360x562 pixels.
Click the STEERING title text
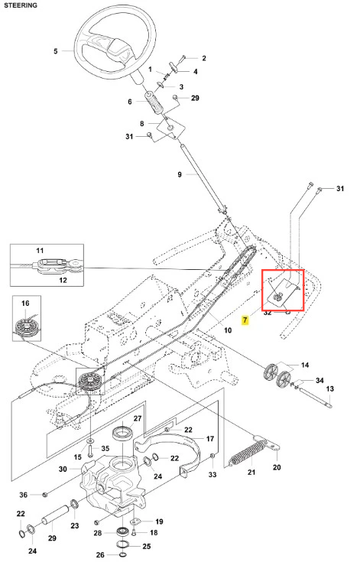click(x=21, y=5)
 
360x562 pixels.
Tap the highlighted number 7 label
click(x=245, y=320)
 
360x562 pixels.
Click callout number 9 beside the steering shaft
click(x=180, y=174)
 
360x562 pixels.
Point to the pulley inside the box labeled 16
click(x=26, y=325)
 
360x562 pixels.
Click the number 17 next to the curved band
click(x=210, y=439)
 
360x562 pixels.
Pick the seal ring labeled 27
click(x=123, y=433)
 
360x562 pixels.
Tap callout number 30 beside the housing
click(x=63, y=469)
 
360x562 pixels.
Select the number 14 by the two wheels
click(x=305, y=365)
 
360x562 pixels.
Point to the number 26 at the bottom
click(x=100, y=555)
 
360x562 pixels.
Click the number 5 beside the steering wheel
click(x=56, y=51)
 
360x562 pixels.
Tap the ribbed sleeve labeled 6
click(x=154, y=103)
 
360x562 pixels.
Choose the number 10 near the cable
click(x=228, y=330)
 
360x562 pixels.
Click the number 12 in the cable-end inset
click(x=63, y=280)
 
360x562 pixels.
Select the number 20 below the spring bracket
click(x=277, y=467)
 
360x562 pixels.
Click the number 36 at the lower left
click(x=23, y=495)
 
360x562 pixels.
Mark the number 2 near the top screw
click(x=204, y=58)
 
